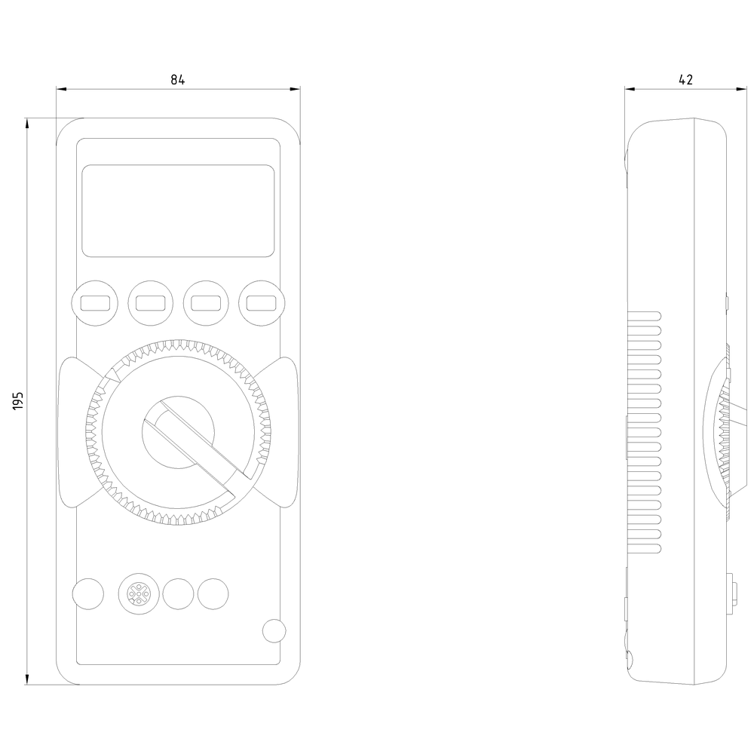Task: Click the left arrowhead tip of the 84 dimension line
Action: coord(57,89)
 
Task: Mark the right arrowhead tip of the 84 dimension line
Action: coord(299,89)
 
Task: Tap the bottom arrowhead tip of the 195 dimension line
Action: coord(27,685)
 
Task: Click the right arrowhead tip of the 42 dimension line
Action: coord(746,89)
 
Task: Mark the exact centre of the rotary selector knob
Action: coord(179,432)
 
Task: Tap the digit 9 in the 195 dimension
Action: coord(18,400)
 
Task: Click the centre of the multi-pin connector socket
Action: coord(139,594)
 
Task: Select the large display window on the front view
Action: coord(178,210)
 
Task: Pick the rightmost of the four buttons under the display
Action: coord(262,303)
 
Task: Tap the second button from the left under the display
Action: coord(151,303)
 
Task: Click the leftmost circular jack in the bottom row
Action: coord(88,594)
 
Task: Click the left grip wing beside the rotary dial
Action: coord(79,432)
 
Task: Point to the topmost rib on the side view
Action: coord(645,316)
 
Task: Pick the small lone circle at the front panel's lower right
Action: coord(274,630)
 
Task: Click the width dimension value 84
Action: coord(178,80)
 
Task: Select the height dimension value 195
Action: coord(18,400)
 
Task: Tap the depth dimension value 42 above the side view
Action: coord(685,80)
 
